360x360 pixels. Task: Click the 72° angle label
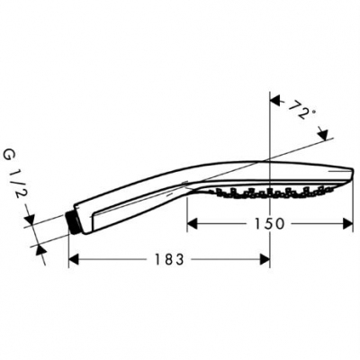coord(303,112)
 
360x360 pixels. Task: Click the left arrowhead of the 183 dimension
coord(75,259)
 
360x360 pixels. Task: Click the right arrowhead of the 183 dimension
coord(265,259)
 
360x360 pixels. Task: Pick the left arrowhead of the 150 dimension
coord(192,222)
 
